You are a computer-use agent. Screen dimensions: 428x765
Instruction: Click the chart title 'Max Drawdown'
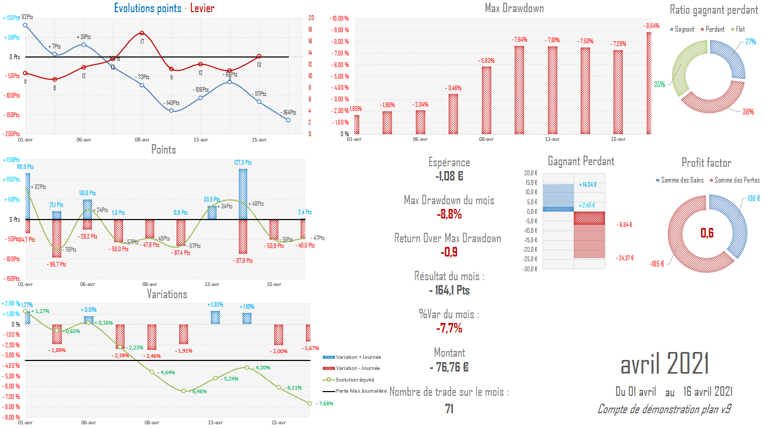[x=514, y=8]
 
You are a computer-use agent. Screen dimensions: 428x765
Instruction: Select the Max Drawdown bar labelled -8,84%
[x=648, y=83]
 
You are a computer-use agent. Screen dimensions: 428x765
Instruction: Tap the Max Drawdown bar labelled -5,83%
[x=487, y=100]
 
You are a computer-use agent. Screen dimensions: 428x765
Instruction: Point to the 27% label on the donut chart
[x=750, y=42]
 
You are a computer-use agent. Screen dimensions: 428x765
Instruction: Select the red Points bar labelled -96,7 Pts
[x=57, y=238]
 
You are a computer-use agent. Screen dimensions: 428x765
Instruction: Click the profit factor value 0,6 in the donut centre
[x=706, y=232]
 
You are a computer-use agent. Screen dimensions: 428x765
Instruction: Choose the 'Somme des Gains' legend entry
[x=682, y=180]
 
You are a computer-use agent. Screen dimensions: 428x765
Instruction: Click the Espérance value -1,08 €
[x=449, y=176]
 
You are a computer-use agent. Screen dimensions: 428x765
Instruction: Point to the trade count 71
[x=449, y=408]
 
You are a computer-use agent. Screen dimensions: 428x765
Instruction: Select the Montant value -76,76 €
[x=449, y=366]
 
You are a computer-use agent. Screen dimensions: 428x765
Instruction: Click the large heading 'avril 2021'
[x=664, y=364]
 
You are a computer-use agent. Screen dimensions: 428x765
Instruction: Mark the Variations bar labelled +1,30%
[x=215, y=317]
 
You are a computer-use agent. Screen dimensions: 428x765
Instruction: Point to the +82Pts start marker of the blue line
[x=25, y=25]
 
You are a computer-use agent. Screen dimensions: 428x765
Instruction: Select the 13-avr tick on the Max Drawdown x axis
[x=552, y=139]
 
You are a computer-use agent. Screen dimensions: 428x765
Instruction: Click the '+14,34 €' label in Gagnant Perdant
[x=588, y=185]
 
